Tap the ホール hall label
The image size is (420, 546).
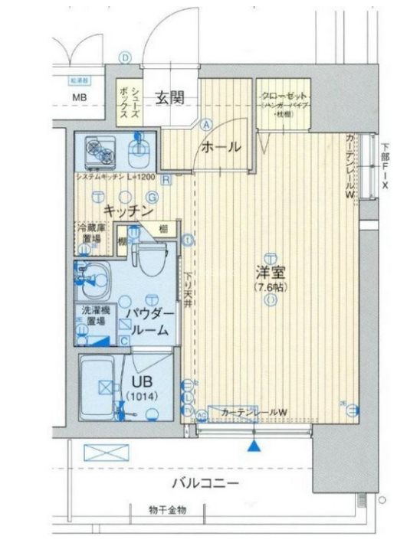click(x=221, y=147)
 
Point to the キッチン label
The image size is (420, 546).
click(x=129, y=210)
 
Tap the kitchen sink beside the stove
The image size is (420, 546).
click(x=139, y=152)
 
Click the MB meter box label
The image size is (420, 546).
click(x=80, y=97)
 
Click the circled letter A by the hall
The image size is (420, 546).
click(x=206, y=123)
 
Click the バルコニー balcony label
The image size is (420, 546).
click(x=205, y=483)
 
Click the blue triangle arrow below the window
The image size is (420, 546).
click(x=254, y=443)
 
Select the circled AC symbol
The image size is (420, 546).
click(x=202, y=415)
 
